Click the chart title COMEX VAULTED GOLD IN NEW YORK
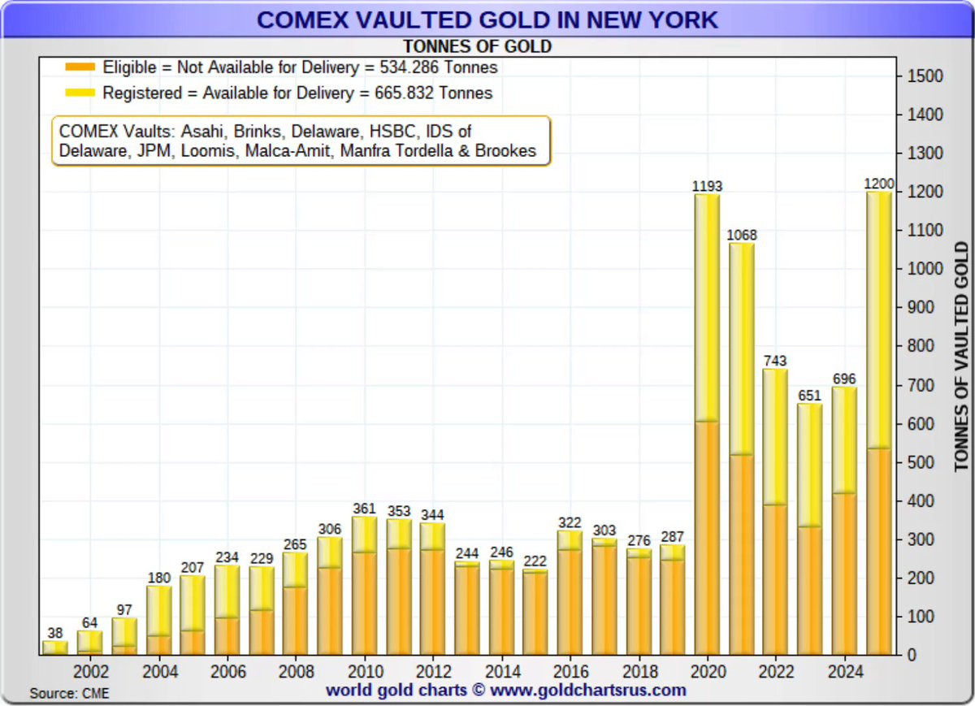(x=487, y=19)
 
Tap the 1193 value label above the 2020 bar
(x=707, y=186)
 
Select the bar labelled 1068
(x=741, y=447)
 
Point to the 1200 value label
(x=878, y=184)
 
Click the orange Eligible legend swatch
(x=80, y=67)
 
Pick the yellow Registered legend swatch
(x=80, y=93)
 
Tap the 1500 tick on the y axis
(x=925, y=76)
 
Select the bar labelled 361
(x=365, y=585)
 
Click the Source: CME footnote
(x=69, y=693)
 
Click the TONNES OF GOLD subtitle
(x=478, y=46)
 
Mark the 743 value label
(x=776, y=361)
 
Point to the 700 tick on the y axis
(x=921, y=385)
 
